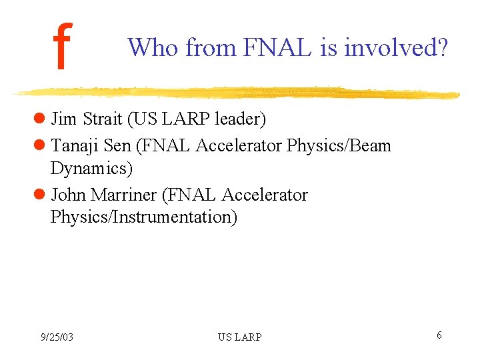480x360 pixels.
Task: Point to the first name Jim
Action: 64,119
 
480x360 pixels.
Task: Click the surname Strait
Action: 103,119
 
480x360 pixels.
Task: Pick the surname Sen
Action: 118,145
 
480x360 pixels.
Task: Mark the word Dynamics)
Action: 91,169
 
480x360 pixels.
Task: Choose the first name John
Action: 68,195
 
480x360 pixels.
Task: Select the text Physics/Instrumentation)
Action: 143,218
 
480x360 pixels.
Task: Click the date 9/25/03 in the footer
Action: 57,337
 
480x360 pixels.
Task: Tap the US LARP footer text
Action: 239,337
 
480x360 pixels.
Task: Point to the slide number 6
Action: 439,335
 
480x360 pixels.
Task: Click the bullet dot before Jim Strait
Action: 39,120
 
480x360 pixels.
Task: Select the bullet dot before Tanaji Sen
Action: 39,145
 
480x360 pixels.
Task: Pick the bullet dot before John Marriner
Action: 39,195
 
